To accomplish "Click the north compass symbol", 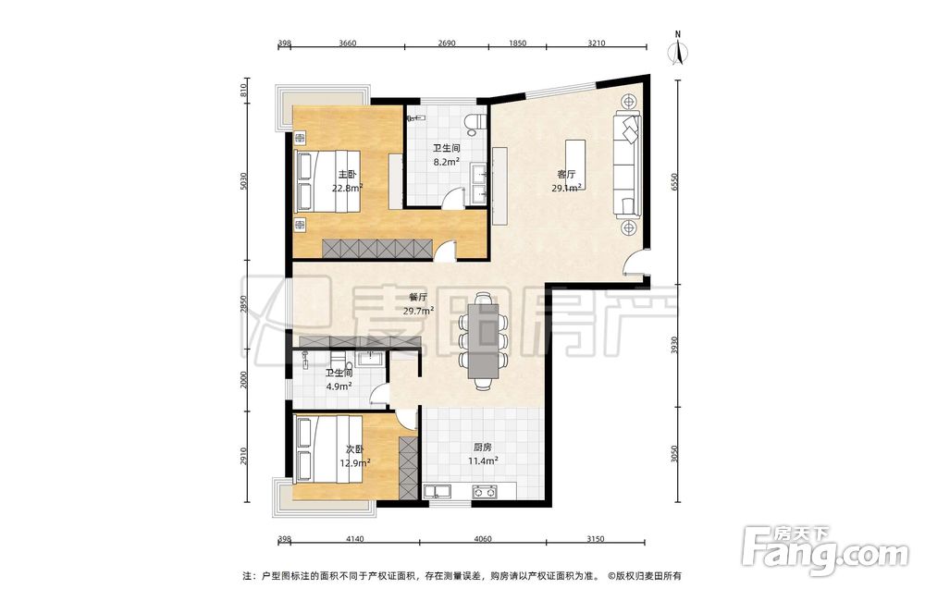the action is (x=678, y=50).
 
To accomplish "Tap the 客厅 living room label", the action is (x=566, y=175).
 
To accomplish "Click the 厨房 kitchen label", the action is (x=483, y=448).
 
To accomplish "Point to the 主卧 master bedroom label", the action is (x=347, y=175).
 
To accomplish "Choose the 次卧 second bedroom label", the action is (x=355, y=449).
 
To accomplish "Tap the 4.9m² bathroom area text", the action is (x=339, y=387).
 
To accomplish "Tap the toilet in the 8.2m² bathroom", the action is (x=475, y=121).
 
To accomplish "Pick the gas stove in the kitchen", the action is (x=484, y=491).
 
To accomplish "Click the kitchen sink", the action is (x=438, y=491).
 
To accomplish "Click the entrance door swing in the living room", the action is (x=635, y=262).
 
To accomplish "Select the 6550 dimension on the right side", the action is (x=677, y=181).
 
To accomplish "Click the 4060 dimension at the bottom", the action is (x=482, y=539).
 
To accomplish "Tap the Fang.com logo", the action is (x=826, y=551).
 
